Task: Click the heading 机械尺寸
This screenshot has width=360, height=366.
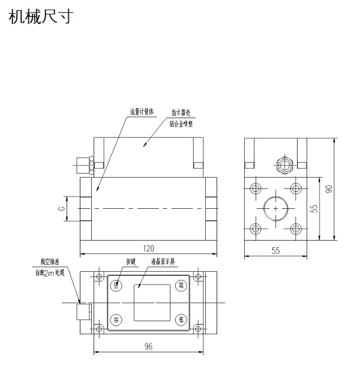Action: pos(41,17)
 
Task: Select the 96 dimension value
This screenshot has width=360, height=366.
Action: pos(148,347)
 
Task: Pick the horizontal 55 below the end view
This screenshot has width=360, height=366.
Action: pos(275,250)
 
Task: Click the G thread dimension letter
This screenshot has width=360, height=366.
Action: pos(61,208)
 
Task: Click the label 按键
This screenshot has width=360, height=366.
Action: pos(131,262)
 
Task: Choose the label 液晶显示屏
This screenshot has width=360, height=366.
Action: pos(163,262)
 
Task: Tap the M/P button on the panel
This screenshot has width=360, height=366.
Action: pos(179,319)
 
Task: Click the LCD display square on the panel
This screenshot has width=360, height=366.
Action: pos(148,302)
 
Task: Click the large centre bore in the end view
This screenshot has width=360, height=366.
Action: pos(275,208)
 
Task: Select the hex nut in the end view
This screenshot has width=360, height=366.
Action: pos(282,164)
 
